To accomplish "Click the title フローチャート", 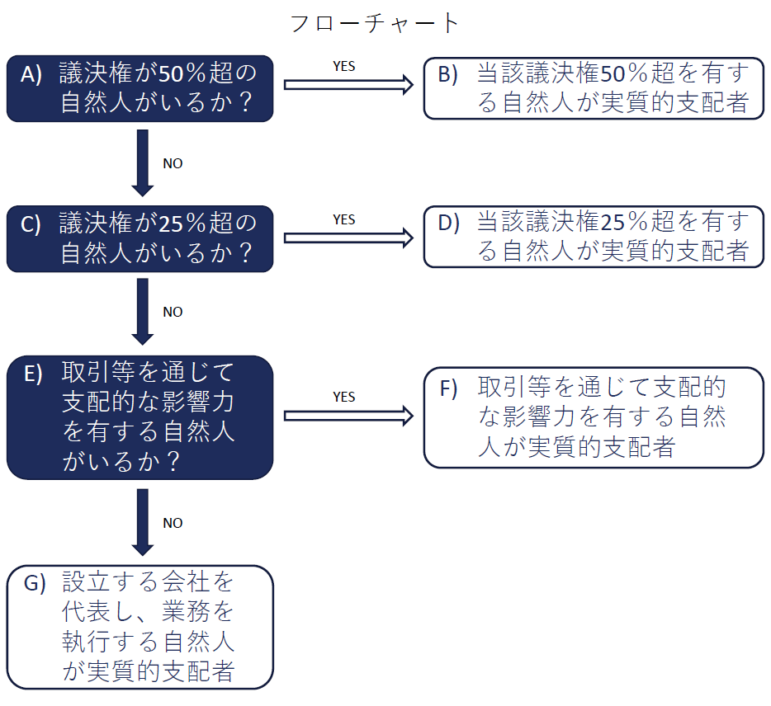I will pos(374,22).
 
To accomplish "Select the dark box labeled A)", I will pos(140,88).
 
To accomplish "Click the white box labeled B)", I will pos(594,88).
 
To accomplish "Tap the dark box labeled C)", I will pos(140,238).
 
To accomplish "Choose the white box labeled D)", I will pos(594,238).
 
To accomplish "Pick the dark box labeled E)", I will pos(140,417).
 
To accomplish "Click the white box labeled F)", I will pos(594,417).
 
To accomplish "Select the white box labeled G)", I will pos(140,627).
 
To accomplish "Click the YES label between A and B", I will pos(344,66).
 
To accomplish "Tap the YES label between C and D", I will pos(344,219).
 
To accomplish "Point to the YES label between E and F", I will pos(344,397).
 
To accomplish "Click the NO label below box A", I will pos(173,163).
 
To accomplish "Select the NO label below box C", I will pos(173,312).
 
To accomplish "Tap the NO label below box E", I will pos(173,523).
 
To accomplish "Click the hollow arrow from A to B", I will pos(348,84).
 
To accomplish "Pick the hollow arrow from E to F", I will pos(348,417).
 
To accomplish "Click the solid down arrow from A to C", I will pos(143,162).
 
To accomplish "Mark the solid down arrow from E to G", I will pos(143,522).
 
